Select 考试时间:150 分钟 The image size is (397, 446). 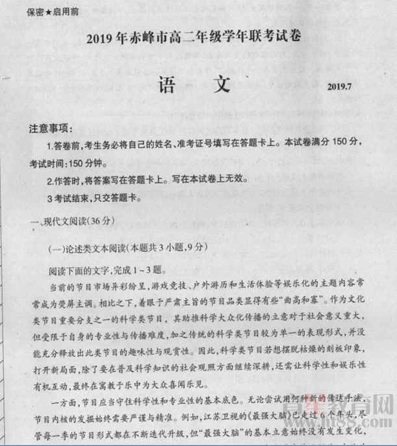[65, 160]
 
